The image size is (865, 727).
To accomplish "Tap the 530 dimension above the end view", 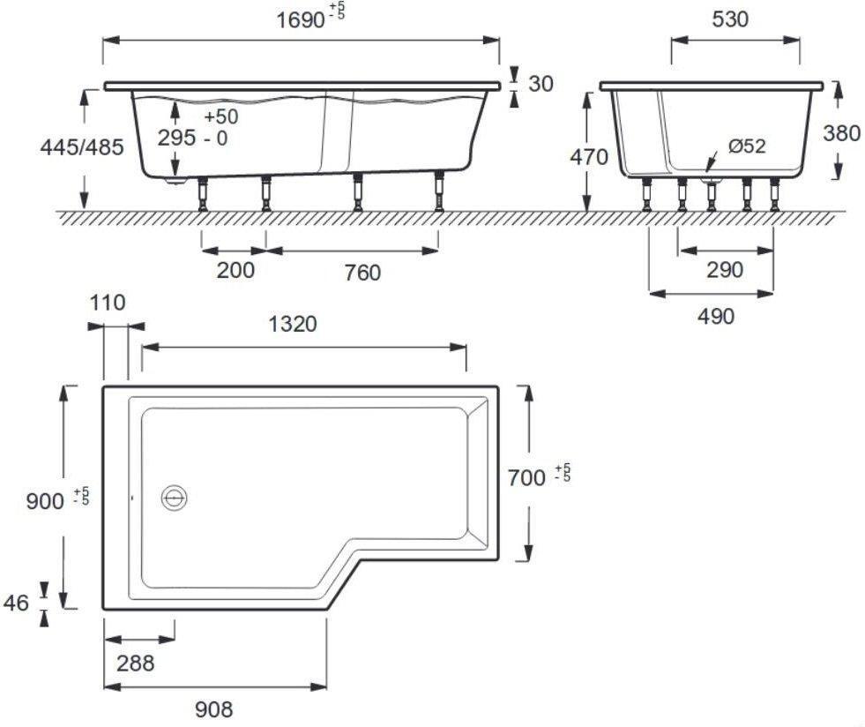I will tap(730, 19).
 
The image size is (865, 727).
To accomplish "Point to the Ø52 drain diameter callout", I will tap(746, 146).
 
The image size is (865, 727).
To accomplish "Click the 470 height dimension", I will tap(590, 157).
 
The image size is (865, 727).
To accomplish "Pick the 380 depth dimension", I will tap(841, 132).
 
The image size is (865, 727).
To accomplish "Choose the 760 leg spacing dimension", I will tap(362, 272).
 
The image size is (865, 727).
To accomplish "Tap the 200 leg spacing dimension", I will tap(235, 269).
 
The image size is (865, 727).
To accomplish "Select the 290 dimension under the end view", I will tap(725, 269).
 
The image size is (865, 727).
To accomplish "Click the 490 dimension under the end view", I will tap(715, 315).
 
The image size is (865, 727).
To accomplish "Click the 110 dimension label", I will tap(107, 303).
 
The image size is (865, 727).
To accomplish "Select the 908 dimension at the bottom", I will tap(214, 708).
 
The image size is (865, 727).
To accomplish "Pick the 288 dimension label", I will tap(136, 663).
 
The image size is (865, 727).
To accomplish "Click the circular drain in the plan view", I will tap(175, 498).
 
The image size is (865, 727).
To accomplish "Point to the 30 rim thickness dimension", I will tap(541, 83).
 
